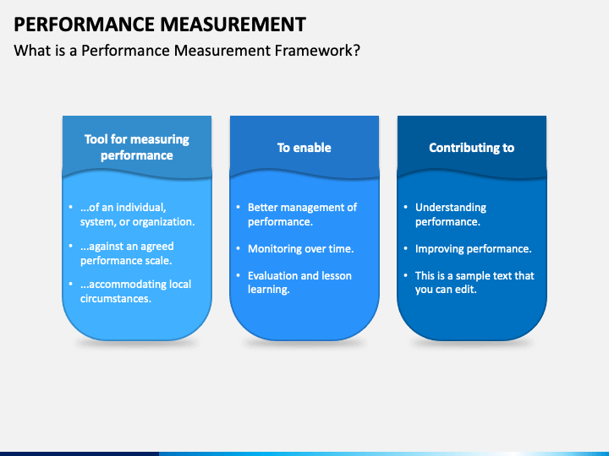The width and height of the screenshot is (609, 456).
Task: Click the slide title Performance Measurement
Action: pos(160,24)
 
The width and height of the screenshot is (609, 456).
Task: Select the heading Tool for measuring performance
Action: pos(137,147)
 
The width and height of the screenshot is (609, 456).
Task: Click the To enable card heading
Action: pos(304,147)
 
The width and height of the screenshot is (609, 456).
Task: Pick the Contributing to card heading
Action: pos(471,147)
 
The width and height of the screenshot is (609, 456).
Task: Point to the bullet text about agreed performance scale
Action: pos(127,253)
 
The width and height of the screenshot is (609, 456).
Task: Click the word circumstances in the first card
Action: pos(116,299)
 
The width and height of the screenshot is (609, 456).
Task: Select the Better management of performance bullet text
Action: pos(302,214)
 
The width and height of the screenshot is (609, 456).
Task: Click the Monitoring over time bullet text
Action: pos(300,248)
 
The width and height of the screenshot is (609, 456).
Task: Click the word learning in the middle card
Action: pos(269,290)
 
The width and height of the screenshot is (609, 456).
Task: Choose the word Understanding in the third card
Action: pos(451,208)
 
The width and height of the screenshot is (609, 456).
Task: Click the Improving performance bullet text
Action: pos(473,248)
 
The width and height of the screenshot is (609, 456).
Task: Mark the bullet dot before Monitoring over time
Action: pos(238,248)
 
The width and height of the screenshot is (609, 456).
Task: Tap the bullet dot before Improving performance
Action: pos(405,248)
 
